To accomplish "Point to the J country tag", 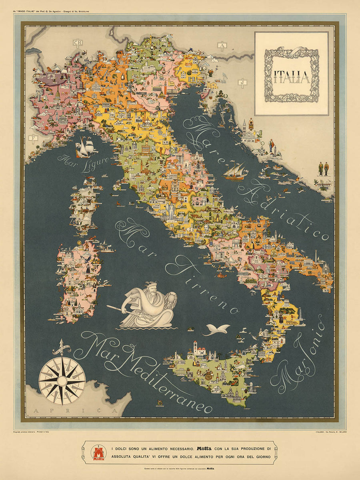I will tap(242, 82).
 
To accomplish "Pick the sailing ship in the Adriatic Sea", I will tap(235, 172).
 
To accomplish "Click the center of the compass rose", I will tap(62, 380).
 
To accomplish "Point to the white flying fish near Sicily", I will tap(216, 329).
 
